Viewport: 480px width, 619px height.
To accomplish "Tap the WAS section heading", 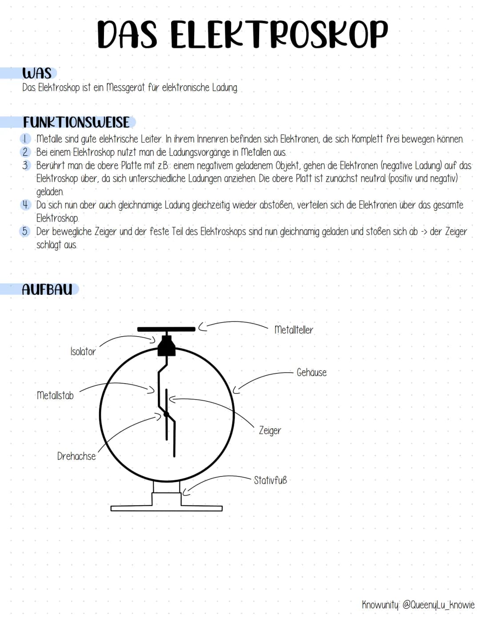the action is point(37,73).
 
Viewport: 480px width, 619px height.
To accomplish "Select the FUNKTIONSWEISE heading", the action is point(76,122).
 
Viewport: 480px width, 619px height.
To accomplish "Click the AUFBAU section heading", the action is point(47,290).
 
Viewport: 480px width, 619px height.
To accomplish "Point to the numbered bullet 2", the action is point(25,152).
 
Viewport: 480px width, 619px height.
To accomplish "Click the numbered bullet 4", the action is point(25,205).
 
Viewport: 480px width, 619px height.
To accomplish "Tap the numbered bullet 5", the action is point(25,231).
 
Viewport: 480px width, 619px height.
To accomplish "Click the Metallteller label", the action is point(294,330).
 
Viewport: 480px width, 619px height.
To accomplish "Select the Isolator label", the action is point(83,352).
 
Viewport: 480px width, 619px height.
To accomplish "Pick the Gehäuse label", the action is point(312,372).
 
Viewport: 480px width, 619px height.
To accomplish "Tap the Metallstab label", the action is point(55,395).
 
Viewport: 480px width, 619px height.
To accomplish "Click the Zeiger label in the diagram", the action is point(270,430).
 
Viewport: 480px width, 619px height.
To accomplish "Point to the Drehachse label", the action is point(76,456).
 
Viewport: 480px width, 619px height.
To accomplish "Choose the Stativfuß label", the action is point(270,480).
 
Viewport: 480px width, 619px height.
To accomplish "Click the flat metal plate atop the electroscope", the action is point(166,329).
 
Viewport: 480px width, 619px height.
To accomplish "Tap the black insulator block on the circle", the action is point(167,346).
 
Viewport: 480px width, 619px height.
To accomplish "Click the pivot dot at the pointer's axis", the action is point(166,414).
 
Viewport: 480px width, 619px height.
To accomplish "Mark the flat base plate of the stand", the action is point(167,508).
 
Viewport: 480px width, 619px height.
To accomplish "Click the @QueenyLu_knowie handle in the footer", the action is point(438,604).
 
